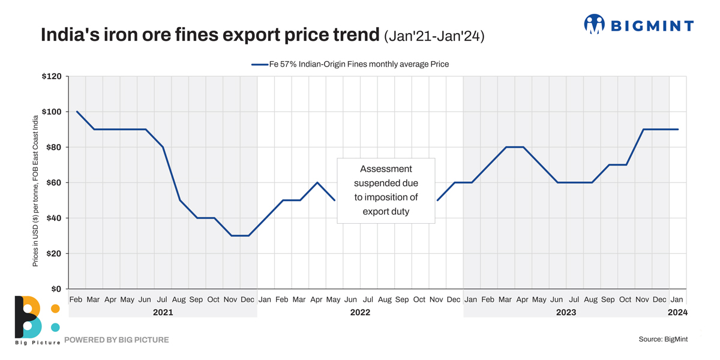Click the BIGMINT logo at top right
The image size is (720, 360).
click(638, 25)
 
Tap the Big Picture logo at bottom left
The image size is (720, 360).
click(36, 319)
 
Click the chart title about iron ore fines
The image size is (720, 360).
click(210, 35)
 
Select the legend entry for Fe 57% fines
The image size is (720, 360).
click(350, 64)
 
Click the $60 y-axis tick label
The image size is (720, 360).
click(54, 183)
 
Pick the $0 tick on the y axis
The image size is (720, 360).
click(56, 289)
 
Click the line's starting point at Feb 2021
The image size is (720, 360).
click(77, 112)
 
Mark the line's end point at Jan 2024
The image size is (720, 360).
click(677, 130)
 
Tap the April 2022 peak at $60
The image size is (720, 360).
click(317, 182)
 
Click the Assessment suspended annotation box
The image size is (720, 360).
click(386, 190)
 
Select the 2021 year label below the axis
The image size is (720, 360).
click(163, 312)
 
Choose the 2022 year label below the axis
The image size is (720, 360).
click(360, 312)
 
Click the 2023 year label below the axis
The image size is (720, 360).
click(566, 312)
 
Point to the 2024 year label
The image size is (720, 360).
click(677, 312)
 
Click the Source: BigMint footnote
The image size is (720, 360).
click(663, 340)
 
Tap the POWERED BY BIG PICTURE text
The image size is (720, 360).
click(116, 340)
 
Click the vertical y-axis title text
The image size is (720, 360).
click(35, 191)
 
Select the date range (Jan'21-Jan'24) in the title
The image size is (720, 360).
click(434, 36)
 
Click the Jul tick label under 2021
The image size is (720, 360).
click(162, 299)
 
